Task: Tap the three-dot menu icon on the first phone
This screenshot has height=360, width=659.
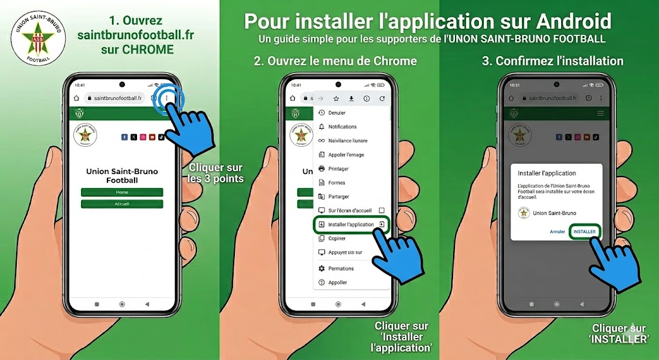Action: coord(167,98)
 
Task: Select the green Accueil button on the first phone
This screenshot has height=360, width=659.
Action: coord(122,204)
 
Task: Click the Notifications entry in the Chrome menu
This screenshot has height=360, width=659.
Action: coord(342,127)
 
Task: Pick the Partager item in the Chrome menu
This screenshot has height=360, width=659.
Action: coord(339,196)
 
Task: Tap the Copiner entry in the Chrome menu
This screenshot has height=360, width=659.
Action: coord(337,238)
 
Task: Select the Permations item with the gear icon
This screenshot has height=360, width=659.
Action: coord(340,269)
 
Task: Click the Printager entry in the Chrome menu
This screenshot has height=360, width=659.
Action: coord(338,169)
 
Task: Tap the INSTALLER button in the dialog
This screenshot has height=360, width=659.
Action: coord(584,231)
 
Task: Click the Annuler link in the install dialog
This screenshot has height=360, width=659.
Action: coord(557,232)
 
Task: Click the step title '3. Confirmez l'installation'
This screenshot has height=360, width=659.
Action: coord(552,61)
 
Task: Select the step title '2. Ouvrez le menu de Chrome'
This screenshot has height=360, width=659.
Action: coord(335,61)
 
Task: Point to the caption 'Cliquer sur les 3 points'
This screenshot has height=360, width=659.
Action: coord(216,173)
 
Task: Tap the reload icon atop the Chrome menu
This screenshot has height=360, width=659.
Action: coord(382,99)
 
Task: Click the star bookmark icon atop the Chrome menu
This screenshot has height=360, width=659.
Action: coord(336,99)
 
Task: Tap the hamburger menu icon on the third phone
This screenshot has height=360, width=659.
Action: coord(600,113)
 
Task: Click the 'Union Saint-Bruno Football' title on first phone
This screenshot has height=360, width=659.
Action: coord(122,176)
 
